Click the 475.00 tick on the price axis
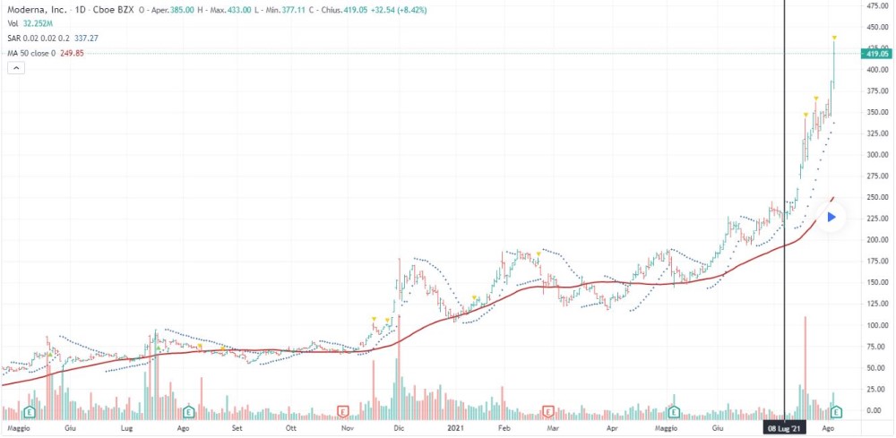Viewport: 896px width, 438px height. [875, 5]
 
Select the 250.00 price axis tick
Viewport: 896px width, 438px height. [875, 197]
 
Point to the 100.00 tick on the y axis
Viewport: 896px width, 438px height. [875, 325]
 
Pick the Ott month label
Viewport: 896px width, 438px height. [290, 429]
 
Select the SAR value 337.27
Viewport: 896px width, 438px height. [85, 39]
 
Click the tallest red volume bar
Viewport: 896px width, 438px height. [806, 367]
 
